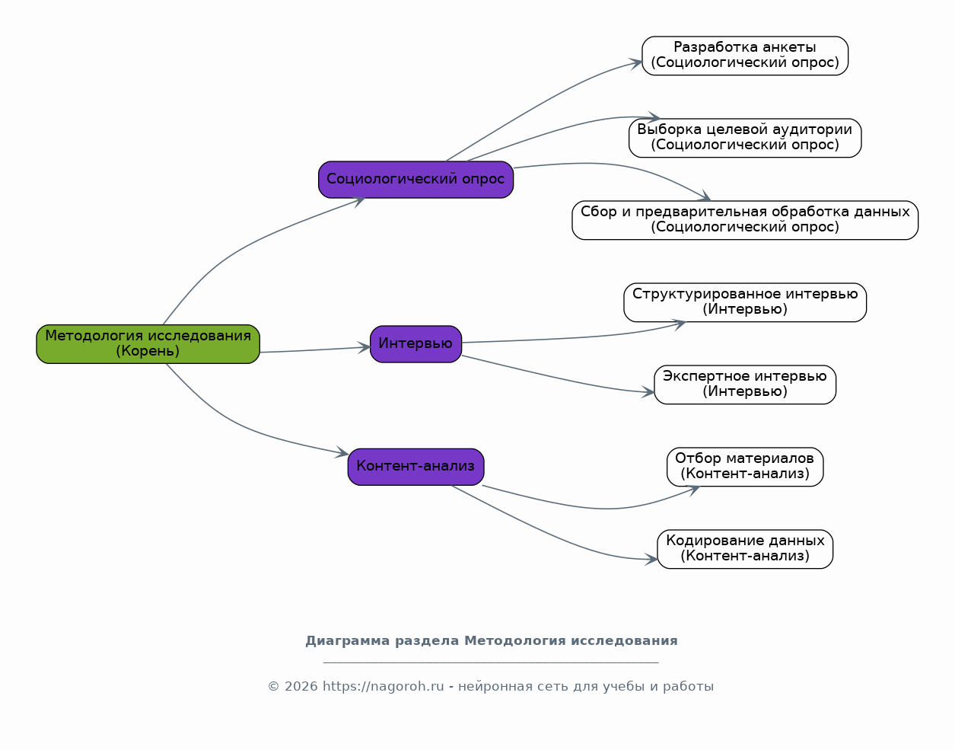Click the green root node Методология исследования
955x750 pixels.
tap(148, 344)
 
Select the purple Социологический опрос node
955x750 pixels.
tap(415, 180)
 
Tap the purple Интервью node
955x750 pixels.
tap(415, 344)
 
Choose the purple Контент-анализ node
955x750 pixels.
tap(415, 467)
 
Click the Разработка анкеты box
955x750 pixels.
tap(745, 56)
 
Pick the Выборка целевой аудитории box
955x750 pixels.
tap(745, 138)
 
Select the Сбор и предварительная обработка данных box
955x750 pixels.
tap(745, 220)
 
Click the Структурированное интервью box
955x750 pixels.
tap(745, 302)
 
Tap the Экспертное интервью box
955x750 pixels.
tap(745, 385)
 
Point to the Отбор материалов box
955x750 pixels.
tap(745, 467)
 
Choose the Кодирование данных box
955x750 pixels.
tap(745, 549)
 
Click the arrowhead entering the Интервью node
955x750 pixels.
tap(364, 347)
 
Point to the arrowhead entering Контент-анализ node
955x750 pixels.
tap(342, 452)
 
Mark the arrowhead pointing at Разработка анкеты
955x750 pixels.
tap(636, 63)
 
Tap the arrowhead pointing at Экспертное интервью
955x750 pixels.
tap(648, 392)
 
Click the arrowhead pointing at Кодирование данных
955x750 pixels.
tap(651, 559)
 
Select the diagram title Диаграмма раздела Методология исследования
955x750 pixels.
tap(492, 641)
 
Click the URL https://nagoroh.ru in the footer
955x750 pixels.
tap(384, 686)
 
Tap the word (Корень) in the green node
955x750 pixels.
tap(148, 351)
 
